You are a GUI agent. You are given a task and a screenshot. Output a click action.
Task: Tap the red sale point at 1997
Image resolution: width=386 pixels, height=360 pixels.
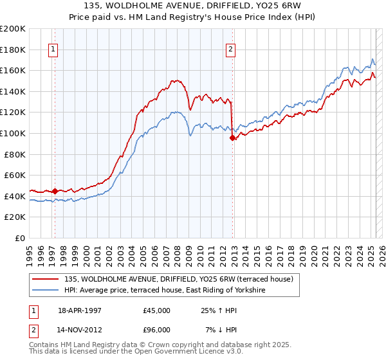tap(55, 190)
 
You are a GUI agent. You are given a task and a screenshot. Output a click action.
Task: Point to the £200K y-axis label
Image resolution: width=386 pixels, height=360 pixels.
tap(13, 29)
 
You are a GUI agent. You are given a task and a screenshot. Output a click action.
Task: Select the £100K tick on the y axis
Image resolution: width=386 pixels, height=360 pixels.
tap(13, 133)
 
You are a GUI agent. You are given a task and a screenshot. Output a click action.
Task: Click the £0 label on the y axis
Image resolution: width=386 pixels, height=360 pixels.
tap(19, 238)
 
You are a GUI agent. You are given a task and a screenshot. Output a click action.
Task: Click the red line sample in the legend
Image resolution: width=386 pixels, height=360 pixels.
tap(45, 279)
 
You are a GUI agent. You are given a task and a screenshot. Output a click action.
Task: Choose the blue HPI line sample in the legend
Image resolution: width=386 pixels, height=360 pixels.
tap(45, 291)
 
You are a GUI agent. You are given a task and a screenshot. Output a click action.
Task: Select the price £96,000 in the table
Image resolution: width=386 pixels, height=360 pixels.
tap(157, 330)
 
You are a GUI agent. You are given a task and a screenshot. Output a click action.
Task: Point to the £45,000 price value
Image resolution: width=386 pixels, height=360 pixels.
tap(157, 310)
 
